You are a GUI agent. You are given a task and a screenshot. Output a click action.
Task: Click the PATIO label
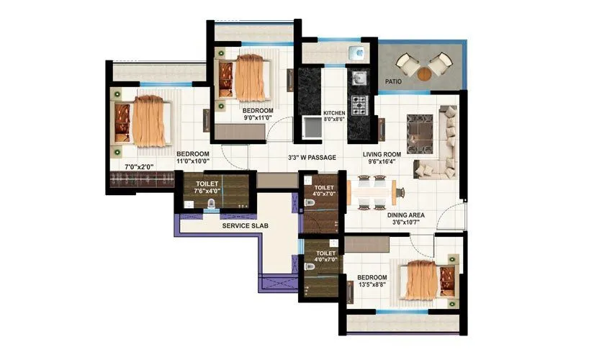tap(393, 82)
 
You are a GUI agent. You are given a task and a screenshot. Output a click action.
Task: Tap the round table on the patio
tap(424, 73)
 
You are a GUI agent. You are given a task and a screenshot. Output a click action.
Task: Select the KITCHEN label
tap(334, 113)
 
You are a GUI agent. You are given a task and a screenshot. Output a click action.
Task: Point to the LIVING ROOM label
tap(382, 155)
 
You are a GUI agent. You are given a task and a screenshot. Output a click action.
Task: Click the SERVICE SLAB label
tap(246, 226)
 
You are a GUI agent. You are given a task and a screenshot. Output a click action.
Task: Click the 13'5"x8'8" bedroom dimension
tap(372, 286)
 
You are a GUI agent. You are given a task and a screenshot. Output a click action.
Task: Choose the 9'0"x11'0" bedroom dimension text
tap(258, 118)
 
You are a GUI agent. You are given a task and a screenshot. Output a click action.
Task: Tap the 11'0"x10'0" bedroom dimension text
tap(193, 163)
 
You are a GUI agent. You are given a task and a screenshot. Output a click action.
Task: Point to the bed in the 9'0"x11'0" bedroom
tap(248, 77)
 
